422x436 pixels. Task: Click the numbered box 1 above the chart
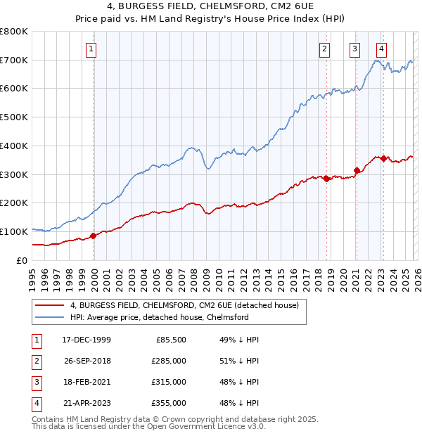pos(92,49)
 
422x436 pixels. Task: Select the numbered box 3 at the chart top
pos(354,49)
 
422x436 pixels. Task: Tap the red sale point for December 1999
pos(94,236)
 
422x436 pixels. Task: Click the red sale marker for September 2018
pos(327,179)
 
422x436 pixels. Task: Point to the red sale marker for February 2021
pos(357,169)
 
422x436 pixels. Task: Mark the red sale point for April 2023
pos(383,158)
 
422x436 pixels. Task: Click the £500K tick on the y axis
pos(13,117)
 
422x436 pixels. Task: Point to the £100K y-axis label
pos(13,231)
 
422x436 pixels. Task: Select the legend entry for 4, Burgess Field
pos(184,305)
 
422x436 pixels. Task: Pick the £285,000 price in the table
pos(169,361)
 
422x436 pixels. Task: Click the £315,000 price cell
pos(169,382)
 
